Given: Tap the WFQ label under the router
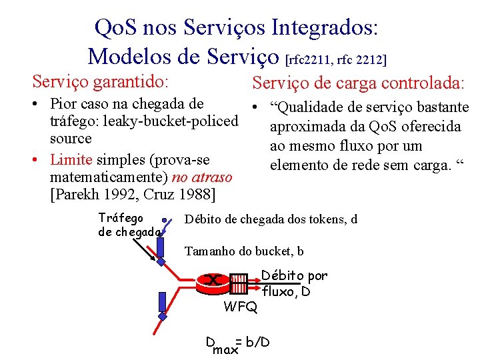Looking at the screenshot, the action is pyautogui.click(x=240, y=307).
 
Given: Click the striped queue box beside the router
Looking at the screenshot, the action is pyautogui.click(x=238, y=281).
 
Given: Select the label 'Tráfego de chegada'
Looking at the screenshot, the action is pyautogui.click(x=129, y=225).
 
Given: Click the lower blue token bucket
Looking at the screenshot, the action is pyautogui.click(x=162, y=304).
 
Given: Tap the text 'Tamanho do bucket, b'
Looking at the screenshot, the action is pyautogui.click(x=244, y=251).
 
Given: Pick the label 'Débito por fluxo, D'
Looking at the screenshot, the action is pyautogui.click(x=293, y=283).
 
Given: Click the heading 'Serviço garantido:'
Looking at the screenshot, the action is pyautogui.click(x=100, y=82).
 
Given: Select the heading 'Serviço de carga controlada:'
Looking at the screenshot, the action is pyautogui.click(x=358, y=83).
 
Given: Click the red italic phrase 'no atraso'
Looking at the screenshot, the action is pyautogui.click(x=202, y=177).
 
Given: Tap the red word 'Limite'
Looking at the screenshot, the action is pyautogui.click(x=72, y=160).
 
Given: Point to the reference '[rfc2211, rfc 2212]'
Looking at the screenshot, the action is pyautogui.click(x=336, y=60).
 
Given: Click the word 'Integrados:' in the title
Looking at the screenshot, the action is pyautogui.click(x=325, y=28).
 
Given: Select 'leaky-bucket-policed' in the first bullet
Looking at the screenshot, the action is pyautogui.click(x=172, y=121).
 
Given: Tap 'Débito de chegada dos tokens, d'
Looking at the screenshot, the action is pyautogui.click(x=271, y=219).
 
